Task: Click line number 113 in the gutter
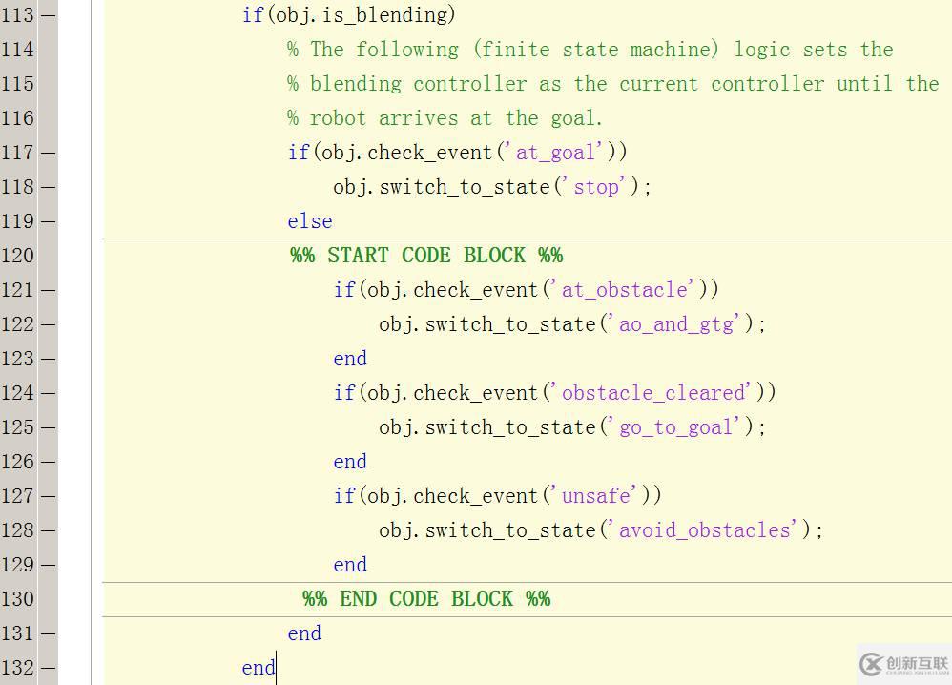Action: coord(17,14)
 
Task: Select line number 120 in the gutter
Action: coord(17,255)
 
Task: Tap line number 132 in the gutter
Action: coord(17,668)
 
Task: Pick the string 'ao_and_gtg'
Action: coord(679,324)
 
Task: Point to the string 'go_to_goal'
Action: coord(679,427)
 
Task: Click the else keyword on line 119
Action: coord(310,221)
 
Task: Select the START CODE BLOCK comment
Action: coord(426,255)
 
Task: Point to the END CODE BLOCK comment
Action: coord(426,599)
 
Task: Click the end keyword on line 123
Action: coord(350,359)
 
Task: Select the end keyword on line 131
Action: coord(304,633)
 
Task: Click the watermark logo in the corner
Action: coord(903,664)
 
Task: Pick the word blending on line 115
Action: coord(356,84)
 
